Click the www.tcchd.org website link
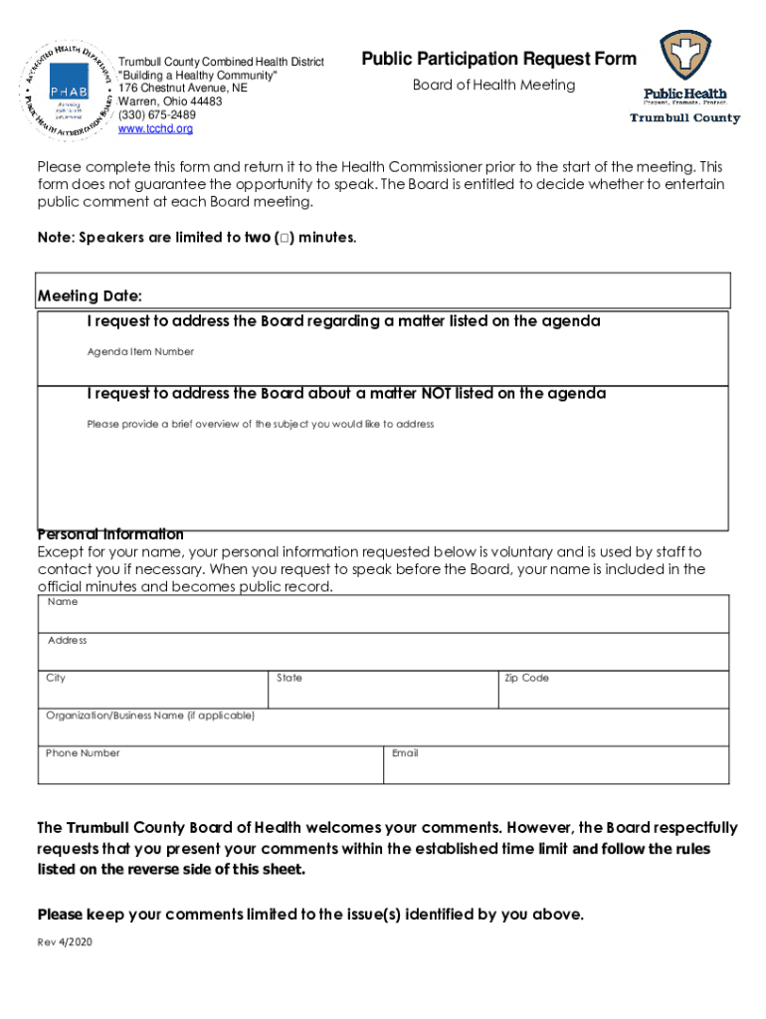pyautogui.click(x=155, y=128)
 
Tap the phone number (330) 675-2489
pyautogui.click(x=157, y=114)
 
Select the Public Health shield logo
pyautogui.click(x=685, y=56)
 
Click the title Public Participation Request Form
pyautogui.click(x=498, y=59)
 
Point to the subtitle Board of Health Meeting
pyautogui.click(x=493, y=85)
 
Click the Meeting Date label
pyautogui.click(x=90, y=297)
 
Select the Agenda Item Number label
pyautogui.click(x=140, y=351)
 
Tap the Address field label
pyautogui.click(x=67, y=640)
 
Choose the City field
pyautogui.click(x=153, y=689)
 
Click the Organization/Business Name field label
pyautogui.click(x=150, y=715)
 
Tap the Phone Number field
pyautogui.click(x=210, y=763)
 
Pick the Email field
pyautogui.click(x=556, y=763)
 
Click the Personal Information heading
pyautogui.click(x=110, y=534)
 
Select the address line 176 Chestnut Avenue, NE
pyautogui.click(x=182, y=88)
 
